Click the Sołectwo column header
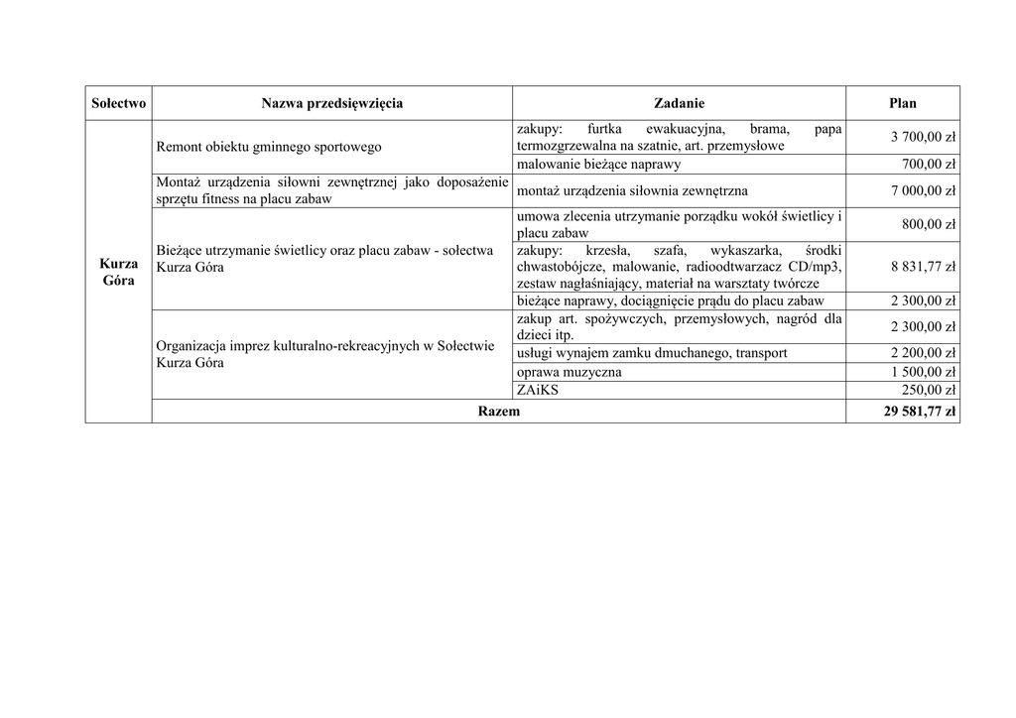[118, 103]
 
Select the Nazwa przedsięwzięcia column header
[331, 103]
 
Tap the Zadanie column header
[679, 103]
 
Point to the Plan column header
[902, 103]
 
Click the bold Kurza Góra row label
[118, 272]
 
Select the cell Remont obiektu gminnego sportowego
[269, 147]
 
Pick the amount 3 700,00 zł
[922, 137]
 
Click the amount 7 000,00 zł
[923, 190]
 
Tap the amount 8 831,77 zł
[923, 267]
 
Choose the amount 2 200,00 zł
[923, 353]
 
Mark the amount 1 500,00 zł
[923, 372]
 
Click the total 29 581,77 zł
[919, 412]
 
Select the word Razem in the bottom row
[498, 412]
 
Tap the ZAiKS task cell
[538, 391]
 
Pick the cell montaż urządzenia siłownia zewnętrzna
[632, 190]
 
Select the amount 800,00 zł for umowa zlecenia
[928, 224]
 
